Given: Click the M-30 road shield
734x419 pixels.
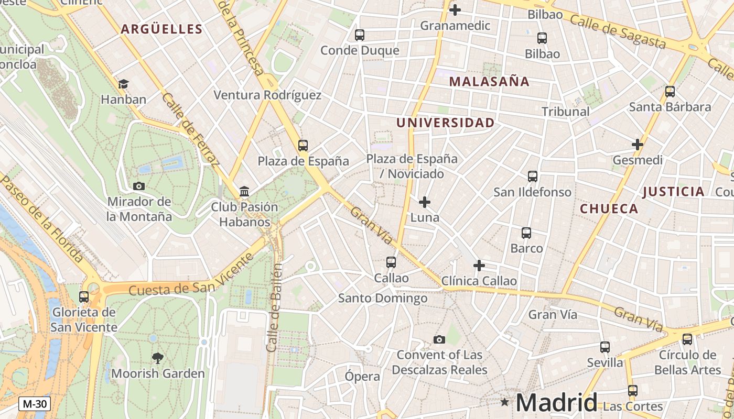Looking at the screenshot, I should coord(35,404).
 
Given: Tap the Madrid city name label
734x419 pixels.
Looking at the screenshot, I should coord(556,403).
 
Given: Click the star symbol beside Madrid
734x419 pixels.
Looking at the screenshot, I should coord(504,402).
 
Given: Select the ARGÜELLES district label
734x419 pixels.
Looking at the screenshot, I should coord(161,29).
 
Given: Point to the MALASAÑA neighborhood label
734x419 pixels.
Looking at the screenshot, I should coord(489,82).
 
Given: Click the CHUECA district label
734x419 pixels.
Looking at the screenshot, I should coord(609,209).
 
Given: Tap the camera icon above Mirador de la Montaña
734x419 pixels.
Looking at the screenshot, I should coord(139,186).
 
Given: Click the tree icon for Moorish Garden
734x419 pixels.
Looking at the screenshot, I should coord(157,358).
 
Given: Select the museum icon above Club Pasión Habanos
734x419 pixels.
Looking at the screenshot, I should coord(244,192).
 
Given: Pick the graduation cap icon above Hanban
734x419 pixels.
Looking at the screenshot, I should coord(123,84).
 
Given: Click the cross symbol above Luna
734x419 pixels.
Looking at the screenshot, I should coord(425,202).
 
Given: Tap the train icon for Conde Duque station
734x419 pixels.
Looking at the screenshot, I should coord(360,35).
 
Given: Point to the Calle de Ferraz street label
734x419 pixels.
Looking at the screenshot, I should coord(190,130).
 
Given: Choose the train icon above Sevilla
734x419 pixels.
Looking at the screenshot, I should coord(605,347).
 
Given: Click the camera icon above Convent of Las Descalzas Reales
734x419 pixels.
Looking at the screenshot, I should coord(439,339).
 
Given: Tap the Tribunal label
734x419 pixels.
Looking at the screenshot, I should coord(565,112).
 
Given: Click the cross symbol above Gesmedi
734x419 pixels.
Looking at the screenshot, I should coord(638,145).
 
